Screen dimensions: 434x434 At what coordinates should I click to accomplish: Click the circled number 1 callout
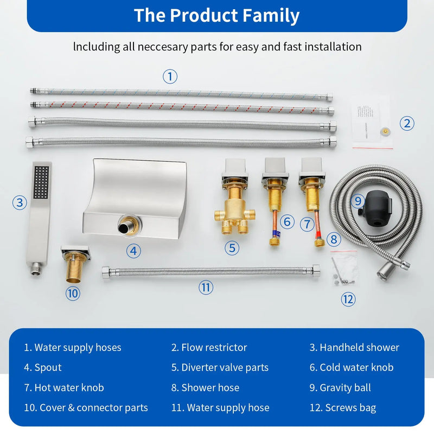(170, 76)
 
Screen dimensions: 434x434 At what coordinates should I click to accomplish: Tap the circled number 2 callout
(407, 124)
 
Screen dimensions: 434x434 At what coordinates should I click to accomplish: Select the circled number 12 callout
(348, 299)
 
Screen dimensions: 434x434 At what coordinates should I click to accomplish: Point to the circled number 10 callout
(73, 293)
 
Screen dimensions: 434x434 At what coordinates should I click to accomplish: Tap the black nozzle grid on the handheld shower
(41, 182)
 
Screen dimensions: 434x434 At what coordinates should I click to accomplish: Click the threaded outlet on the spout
(125, 226)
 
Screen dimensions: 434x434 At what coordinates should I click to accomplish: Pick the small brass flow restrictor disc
(385, 131)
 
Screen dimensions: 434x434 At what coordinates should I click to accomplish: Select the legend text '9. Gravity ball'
(340, 387)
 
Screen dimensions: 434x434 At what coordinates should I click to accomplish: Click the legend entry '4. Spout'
(43, 367)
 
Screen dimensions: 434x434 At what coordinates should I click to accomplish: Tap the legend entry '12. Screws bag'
(343, 407)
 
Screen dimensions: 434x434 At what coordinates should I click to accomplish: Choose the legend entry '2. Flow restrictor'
(209, 347)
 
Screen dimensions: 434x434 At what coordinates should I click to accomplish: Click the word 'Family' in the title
(271, 16)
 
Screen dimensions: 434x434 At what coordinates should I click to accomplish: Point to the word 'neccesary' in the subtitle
(163, 47)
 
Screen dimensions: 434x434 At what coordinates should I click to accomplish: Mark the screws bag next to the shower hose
(343, 267)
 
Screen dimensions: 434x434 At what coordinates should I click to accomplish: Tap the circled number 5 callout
(232, 248)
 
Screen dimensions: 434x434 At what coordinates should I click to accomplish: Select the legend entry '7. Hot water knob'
(64, 387)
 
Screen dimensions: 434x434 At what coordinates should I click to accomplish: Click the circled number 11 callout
(206, 288)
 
